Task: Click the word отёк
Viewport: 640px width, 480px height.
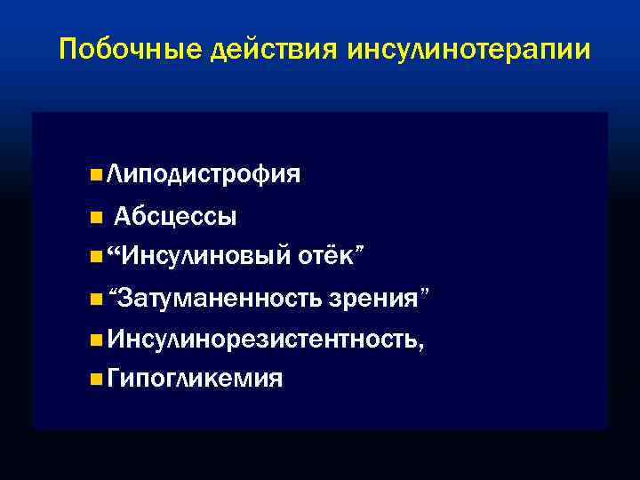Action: [326, 256]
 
